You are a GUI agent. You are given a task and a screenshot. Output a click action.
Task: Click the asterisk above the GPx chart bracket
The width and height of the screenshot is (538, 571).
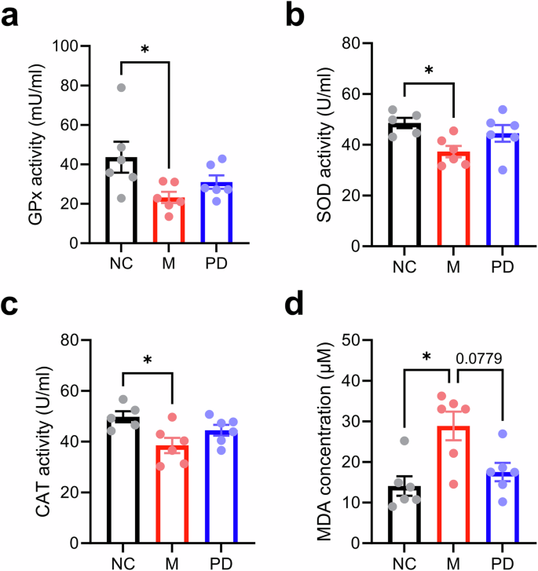pos(145,49)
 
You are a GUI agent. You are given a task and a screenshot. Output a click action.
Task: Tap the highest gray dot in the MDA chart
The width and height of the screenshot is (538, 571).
pos(404,441)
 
